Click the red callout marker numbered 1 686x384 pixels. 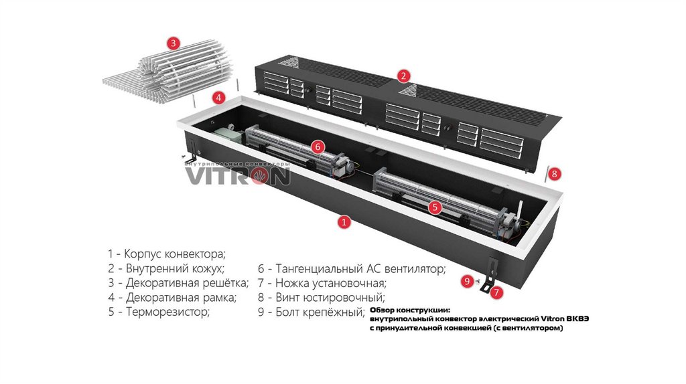[344, 222]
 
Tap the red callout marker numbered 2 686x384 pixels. [403, 76]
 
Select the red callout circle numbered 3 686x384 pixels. [174, 43]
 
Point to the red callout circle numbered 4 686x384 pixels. [219, 98]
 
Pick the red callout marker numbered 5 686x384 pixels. [434, 207]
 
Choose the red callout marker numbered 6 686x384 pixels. [318, 147]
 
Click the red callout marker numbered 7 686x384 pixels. [496, 292]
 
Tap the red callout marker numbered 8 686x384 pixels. [554, 174]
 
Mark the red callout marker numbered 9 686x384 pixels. [467, 281]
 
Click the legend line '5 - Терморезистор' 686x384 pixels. [159, 312]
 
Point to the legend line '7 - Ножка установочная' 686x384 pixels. [322, 283]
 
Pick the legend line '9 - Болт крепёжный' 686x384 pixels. [311, 312]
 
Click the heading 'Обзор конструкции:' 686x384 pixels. [409, 310]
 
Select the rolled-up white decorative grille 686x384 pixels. [168, 73]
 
